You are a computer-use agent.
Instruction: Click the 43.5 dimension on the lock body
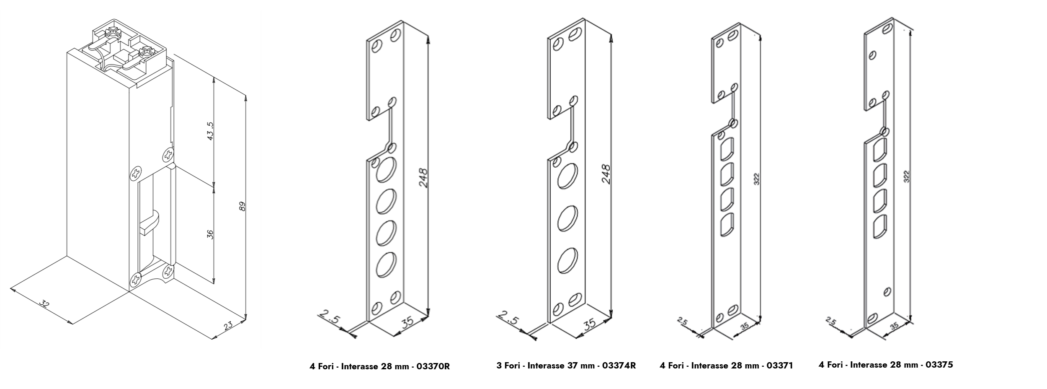(x=210, y=131)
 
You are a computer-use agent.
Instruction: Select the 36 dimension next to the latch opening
(x=210, y=234)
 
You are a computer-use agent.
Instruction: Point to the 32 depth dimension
(x=44, y=303)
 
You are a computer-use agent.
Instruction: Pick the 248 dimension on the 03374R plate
(x=606, y=174)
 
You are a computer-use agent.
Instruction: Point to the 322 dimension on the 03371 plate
(x=756, y=179)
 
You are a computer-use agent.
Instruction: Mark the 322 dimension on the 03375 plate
(x=906, y=176)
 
